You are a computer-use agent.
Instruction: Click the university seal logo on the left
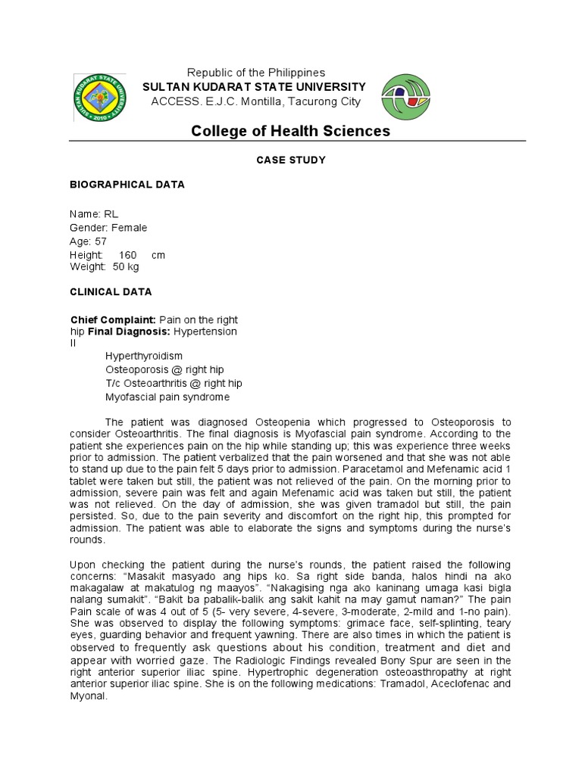(99, 97)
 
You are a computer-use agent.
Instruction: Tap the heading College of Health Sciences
(290, 131)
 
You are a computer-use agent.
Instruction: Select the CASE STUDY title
(291, 160)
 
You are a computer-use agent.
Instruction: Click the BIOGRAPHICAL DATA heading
(127, 185)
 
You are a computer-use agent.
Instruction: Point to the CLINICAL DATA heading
(111, 291)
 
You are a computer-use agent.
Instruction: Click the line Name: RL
(94, 214)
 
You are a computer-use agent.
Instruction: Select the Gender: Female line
(108, 228)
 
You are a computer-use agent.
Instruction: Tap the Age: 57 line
(89, 241)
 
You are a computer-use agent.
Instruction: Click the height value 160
(127, 255)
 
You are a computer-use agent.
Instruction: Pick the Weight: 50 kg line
(105, 266)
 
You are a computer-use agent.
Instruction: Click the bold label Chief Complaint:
(113, 320)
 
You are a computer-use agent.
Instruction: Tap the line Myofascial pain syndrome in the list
(167, 397)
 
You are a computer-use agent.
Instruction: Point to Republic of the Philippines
(256, 73)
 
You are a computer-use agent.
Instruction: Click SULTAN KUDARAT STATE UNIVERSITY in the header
(255, 87)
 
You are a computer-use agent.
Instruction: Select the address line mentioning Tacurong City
(256, 101)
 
